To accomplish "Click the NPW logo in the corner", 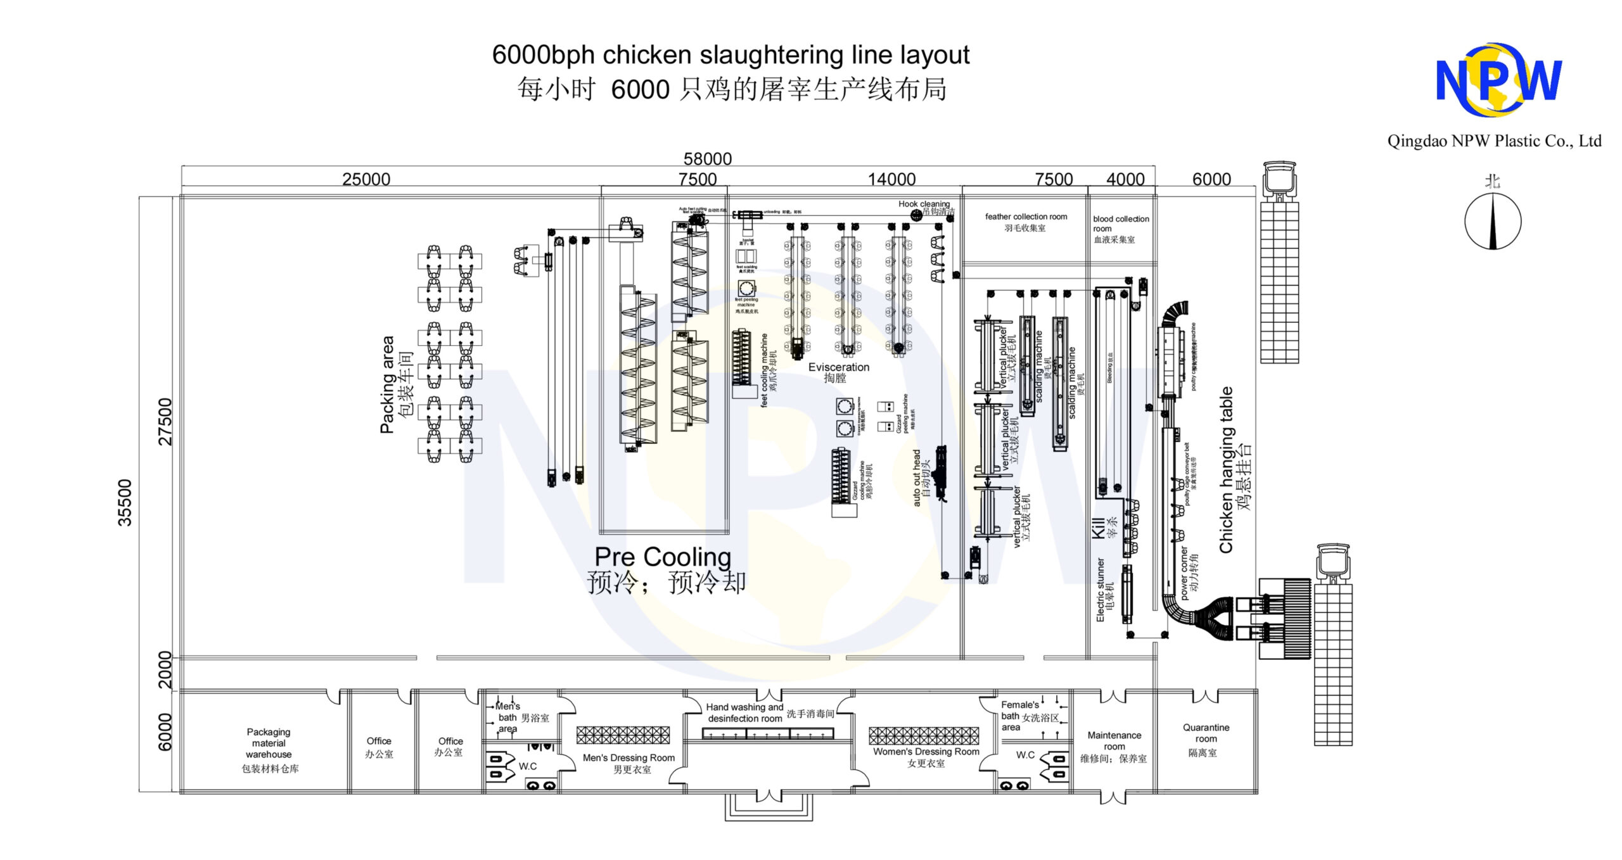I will click(1498, 80).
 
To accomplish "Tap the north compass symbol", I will click(1492, 221).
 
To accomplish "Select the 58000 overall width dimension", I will click(707, 159).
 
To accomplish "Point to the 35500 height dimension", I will click(125, 502).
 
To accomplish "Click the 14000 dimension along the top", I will click(891, 179).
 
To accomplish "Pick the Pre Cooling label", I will click(663, 557).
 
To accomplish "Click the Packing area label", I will click(387, 384).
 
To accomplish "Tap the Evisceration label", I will click(838, 367).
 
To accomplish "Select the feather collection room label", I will click(1025, 217).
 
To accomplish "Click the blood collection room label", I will click(1120, 224).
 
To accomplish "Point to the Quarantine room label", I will click(1206, 733).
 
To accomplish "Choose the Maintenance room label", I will click(1114, 740).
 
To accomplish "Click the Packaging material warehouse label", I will click(269, 743).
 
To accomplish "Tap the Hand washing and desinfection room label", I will click(744, 712).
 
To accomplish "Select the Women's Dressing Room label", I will click(926, 752).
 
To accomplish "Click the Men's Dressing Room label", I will click(629, 757).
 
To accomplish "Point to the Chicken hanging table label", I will click(1227, 470).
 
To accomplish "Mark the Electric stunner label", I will click(1101, 590).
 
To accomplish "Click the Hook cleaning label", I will click(924, 204).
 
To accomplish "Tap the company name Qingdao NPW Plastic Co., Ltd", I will click(1494, 141).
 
